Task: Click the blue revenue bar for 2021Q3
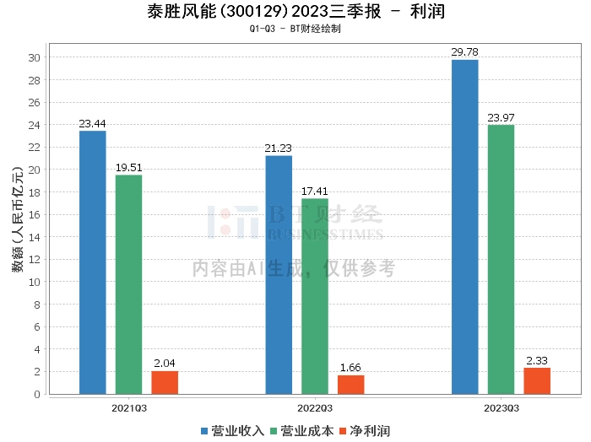92,262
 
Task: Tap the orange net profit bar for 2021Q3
165,382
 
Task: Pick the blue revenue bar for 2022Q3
279,275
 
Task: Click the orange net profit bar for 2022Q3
350,385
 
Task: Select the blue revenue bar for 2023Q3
464,227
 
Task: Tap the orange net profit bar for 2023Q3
537,380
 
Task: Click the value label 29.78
464,52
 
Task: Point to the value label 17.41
315,191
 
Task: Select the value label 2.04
165,364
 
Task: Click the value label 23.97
501,117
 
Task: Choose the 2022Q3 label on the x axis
315,407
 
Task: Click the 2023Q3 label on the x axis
501,407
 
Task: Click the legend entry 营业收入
232,431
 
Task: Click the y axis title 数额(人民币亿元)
16,224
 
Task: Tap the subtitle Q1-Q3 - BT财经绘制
295,29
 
